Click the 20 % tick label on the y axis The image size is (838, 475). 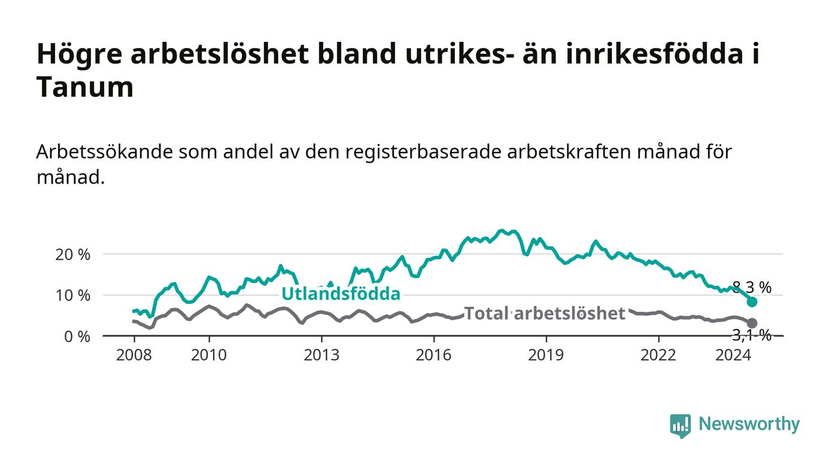coord(72,255)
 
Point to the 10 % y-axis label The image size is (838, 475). coord(72,296)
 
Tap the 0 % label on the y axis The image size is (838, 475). coord(77,337)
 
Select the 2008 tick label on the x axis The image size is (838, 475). coord(134,355)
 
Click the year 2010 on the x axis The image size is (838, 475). coord(209,355)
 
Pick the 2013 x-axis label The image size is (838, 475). coord(321,355)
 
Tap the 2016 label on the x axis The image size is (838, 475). coord(433,355)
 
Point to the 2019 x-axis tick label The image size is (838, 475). coord(546,355)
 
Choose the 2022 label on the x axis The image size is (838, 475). coord(658,355)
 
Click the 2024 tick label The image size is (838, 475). coord(733,355)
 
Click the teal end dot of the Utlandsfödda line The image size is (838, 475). coord(752,302)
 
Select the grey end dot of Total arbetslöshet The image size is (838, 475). coord(752,323)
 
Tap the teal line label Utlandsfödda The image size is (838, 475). coord(341,294)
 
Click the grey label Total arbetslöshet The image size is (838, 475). coord(545,313)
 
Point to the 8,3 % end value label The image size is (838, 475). coord(752,287)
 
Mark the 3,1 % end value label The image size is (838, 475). coord(752,335)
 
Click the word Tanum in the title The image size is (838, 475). coord(85,87)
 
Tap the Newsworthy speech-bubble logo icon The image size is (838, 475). coord(681,425)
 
